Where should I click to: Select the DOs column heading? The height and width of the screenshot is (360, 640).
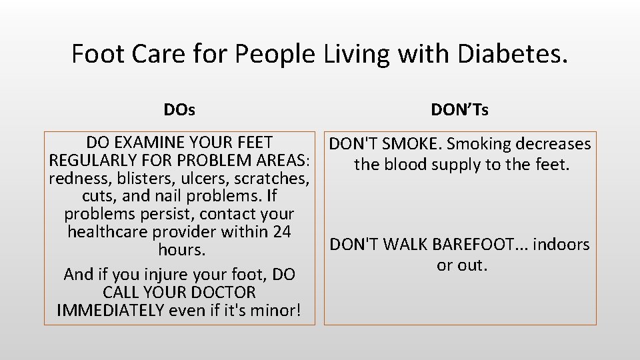pyautogui.click(x=179, y=109)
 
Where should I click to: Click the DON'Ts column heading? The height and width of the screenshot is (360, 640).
pyautogui.click(x=460, y=109)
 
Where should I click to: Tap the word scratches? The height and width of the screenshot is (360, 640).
pyautogui.click(x=270, y=179)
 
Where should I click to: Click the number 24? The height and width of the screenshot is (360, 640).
pyautogui.click(x=282, y=232)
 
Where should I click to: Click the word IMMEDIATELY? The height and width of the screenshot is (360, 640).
pyautogui.click(x=111, y=310)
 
